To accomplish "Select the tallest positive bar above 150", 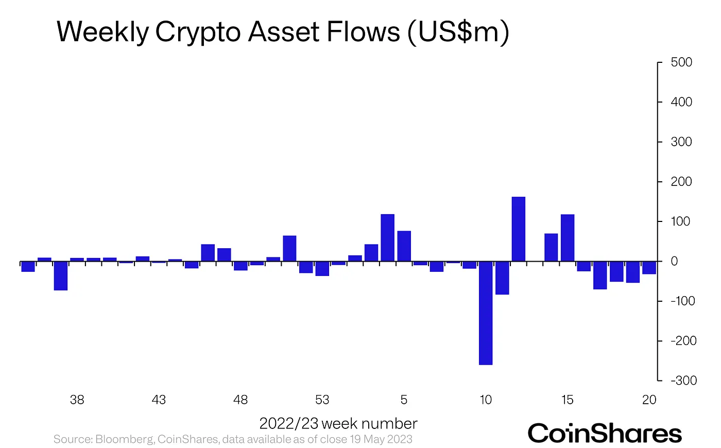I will click(518, 229).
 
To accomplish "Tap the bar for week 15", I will click(567, 238).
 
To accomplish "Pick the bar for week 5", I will click(404, 246).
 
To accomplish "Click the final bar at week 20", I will click(649, 268).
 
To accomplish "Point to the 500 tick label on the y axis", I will click(681, 62).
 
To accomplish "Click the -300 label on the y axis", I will click(683, 381).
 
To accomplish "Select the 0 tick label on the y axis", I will click(674, 262).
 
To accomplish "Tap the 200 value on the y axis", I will click(681, 182).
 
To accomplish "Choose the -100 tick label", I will click(683, 301).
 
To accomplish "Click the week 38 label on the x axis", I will click(77, 400).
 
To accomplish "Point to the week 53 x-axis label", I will click(322, 400).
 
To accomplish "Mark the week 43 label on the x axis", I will click(159, 400).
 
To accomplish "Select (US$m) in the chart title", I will click(458, 32).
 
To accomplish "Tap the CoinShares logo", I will click(605, 434).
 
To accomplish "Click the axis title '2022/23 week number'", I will click(338, 424).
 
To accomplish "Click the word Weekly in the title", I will click(102, 32).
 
